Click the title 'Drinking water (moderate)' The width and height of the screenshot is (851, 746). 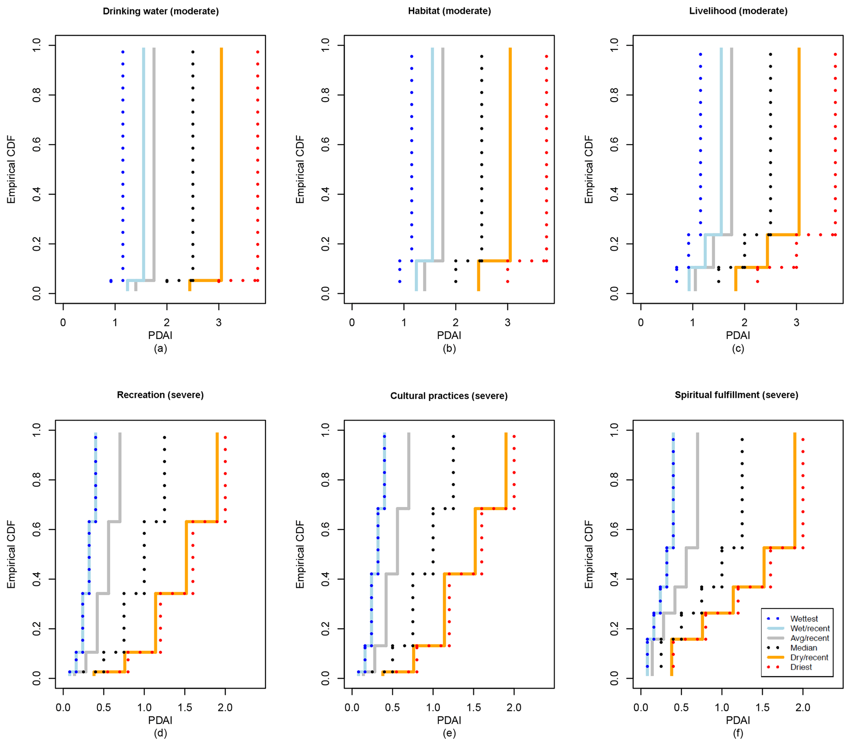(x=161, y=11)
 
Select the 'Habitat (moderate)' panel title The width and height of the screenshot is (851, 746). (x=449, y=11)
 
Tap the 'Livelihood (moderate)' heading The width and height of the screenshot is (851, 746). (x=738, y=11)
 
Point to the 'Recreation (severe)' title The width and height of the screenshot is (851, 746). (x=160, y=395)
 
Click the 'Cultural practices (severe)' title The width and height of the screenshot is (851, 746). (x=449, y=396)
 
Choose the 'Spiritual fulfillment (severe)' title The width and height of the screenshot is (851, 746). (x=737, y=395)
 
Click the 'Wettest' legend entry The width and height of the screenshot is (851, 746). (x=804, y=619)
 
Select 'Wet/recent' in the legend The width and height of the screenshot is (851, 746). (x=810, y=628)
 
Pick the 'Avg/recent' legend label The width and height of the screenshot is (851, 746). (x=809, y=638)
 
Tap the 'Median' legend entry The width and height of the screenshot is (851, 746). (x=804, y=648)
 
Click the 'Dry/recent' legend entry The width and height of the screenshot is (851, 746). (x=809, y=658)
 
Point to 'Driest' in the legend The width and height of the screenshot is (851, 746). (x=801, y=667)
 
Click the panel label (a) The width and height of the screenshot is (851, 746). (x=160, y=348)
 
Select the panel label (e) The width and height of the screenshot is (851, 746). (x=449, y=733)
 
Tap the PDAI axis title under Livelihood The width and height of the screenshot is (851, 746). (x=738, y=335)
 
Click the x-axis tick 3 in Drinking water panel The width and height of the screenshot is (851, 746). (x=219, y=323)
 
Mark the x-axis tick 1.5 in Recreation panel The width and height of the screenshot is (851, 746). (x=185, y=707)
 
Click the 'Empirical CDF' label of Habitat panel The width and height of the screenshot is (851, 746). (x=300, y=170)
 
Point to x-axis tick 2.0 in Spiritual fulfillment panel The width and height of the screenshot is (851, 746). (x=803, y=707)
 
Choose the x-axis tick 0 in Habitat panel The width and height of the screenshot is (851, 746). (x=352, y=323)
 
